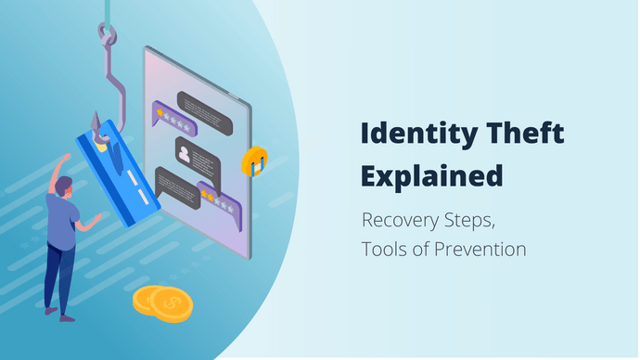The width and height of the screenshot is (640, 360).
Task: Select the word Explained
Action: (431, 174)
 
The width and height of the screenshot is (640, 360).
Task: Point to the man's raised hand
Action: (61, 161)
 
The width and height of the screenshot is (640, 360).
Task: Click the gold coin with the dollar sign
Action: (167, 302)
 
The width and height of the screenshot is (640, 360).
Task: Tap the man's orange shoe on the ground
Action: (67, 318)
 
